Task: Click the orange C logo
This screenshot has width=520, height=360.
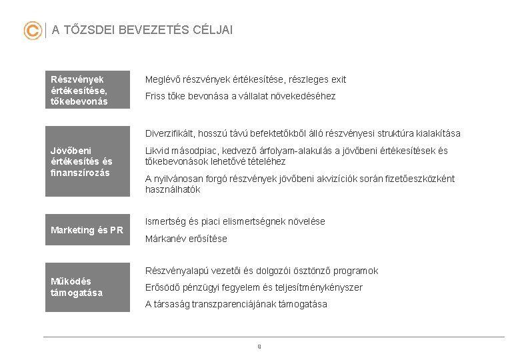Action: [32, 31]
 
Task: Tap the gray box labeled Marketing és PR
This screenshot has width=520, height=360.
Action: [87, 230]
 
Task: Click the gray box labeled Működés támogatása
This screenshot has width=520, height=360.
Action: [87, 287]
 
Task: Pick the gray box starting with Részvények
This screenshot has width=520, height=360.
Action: [87, 90]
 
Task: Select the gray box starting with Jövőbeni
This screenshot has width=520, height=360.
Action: [87, 161]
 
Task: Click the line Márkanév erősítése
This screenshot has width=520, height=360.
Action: [186, 239]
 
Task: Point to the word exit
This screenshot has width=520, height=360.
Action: [337, 79]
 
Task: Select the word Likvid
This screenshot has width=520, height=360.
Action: [157, 151]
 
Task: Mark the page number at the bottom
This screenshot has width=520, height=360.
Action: [259, 346]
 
